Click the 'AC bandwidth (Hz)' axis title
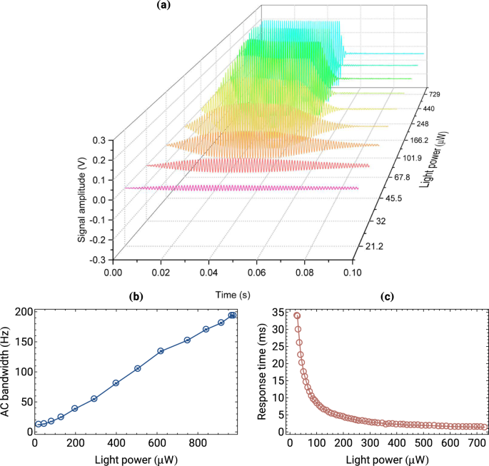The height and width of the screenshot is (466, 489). tap(7, 371)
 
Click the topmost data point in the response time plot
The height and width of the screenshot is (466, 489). tap(297, 315)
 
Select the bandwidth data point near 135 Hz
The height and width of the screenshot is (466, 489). tap(161, 351)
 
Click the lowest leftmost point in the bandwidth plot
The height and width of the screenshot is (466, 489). tap(38, 424)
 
